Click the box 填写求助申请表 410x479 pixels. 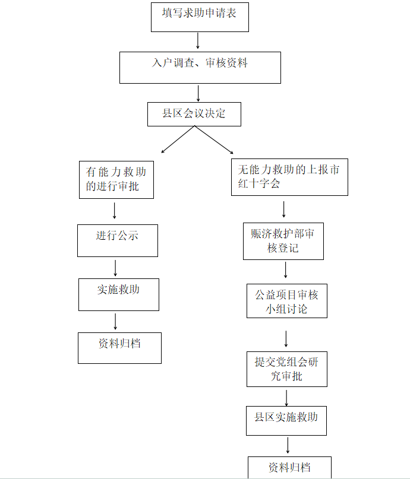click(x=200, y=17)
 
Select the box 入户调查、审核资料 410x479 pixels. click(x=200, y=68)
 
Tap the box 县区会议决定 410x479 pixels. click(x=194, y=114)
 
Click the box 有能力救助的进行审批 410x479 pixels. click(x=116, y=180)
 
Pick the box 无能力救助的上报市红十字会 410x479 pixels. click(x=289, y=177)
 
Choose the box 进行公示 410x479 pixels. click(x=118, y=241)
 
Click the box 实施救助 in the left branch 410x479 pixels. click(x=119, y=295)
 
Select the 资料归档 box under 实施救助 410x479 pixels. click(x=119, y=348)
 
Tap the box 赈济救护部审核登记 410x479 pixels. click(x=283, y=242)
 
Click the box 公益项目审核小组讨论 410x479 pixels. click(x=287, y=301)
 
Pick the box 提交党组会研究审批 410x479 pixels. click(x=287, y=369)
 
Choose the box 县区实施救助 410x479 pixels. click(x=286, y=421)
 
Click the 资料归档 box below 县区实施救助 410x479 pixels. click(x=289, y=467)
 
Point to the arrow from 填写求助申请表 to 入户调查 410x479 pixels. click(x=198, y=40)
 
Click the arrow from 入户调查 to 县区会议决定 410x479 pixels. click(x=198, y=93)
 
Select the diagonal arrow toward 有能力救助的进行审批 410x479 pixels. click(x=178, y=139)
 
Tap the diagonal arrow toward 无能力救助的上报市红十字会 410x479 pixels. click(x=214, y=139)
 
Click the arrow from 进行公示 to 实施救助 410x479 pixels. click(x=115, y=268)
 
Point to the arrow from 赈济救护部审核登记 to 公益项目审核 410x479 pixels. click(x=286, y=269)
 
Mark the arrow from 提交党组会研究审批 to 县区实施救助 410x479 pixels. click(x=286, y=398)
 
